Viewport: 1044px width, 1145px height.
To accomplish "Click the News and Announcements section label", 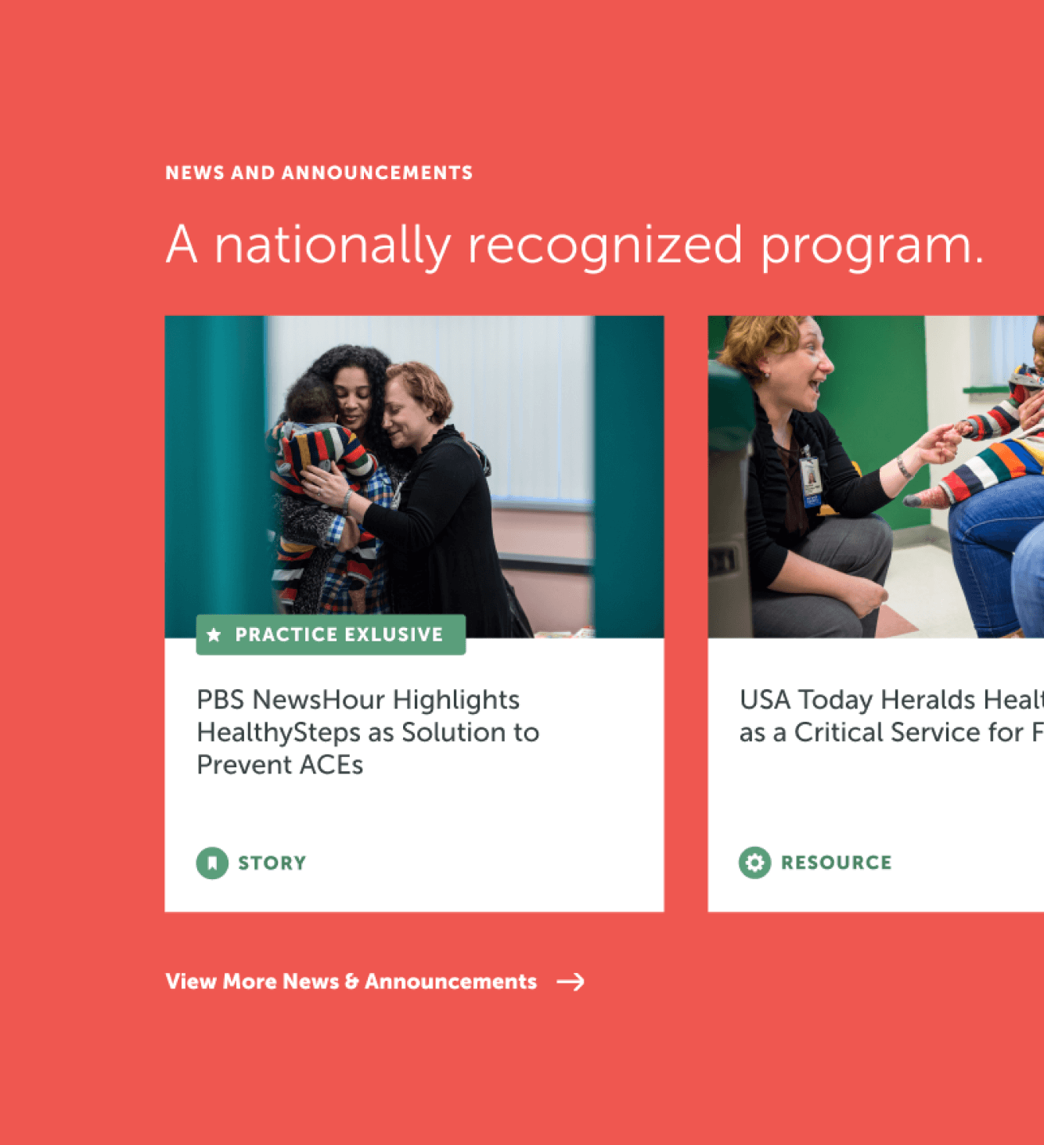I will [x=319, y=173].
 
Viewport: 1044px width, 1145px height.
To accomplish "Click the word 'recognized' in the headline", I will [x=604, y=246].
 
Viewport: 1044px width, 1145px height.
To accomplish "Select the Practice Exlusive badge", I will [x=330, y=634].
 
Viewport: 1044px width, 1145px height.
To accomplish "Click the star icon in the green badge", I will [x=214, y=635].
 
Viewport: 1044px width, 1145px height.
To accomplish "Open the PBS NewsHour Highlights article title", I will [x=367, y=731].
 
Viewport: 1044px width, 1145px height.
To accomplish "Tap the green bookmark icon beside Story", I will [x=211, y=863].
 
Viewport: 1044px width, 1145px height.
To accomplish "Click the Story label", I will [x=272, y=863].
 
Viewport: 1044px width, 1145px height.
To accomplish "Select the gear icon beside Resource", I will [x=754, y=863].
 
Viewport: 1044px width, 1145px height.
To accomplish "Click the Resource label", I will [x=836, y=863].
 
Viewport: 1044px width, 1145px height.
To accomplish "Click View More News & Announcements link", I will [x=351, y=982].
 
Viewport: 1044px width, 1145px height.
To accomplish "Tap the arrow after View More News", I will [x=571, y=982].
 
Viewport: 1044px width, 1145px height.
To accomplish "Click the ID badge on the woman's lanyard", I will [x=811, y=477].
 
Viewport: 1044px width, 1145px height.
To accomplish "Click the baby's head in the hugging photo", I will [x=311, y=400].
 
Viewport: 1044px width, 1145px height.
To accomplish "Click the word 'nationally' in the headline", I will [x=332, y=246].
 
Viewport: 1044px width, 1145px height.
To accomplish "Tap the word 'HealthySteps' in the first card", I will [x=278, y=733].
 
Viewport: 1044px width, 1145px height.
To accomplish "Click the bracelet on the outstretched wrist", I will [x=905, y=468].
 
